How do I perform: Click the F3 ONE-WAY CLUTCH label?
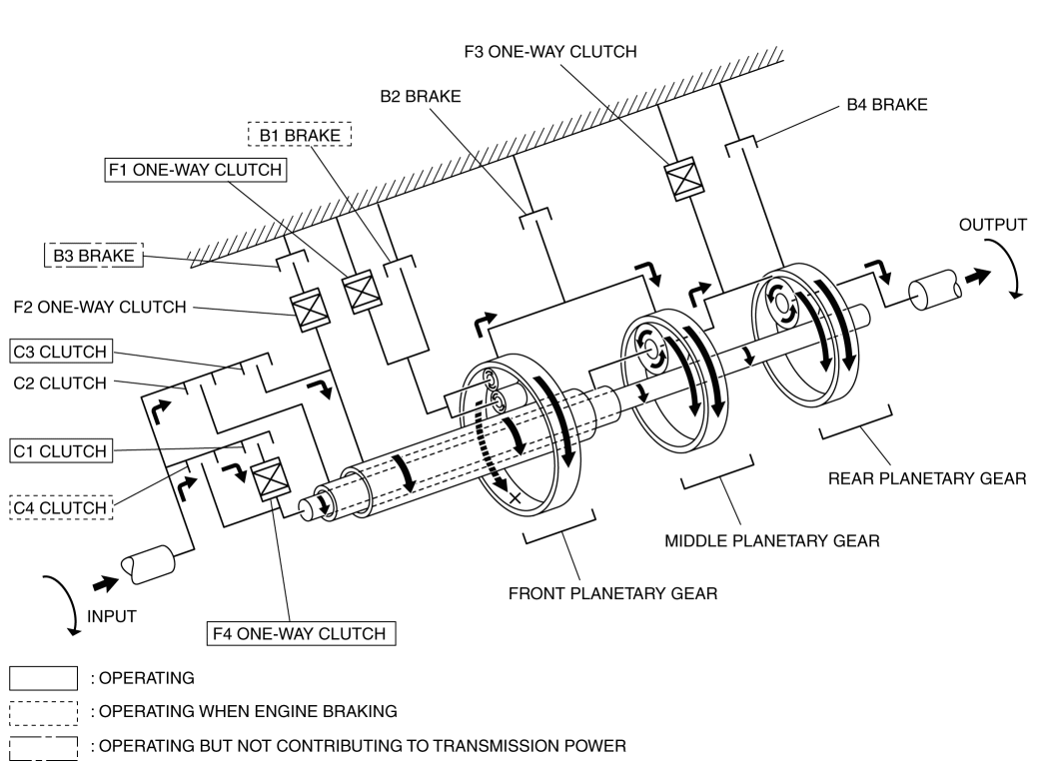pos(550,52)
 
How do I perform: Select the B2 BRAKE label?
pos(421,97)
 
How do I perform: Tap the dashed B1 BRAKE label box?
pos(300,135)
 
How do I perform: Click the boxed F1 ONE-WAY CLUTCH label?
pos(196,170)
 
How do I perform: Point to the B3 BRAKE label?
pos(94,255)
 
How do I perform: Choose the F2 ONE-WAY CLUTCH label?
pos(100,307)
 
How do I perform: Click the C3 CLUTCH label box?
pos(60,352)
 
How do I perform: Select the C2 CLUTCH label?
pos(60,383)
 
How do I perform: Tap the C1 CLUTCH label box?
pos(60,450)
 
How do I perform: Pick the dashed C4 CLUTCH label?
pos(60,507)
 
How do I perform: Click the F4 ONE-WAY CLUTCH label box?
pos(301,633)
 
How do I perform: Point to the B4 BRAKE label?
pos(887,105)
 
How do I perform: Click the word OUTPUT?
pos(992,225)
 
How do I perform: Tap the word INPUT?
pos(112,616)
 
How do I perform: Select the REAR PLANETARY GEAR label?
pos(927,478)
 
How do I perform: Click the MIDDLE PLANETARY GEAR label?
pos(772,540)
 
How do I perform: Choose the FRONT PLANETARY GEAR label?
pos(612,593)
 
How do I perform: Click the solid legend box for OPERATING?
pos(44,678)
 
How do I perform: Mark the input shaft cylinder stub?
pos(148,564)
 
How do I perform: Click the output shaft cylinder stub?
pos(935,290)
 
